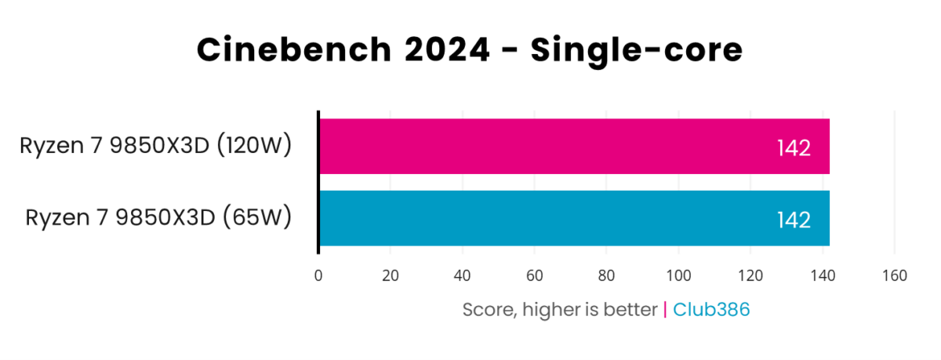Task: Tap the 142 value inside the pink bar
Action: point(794,148)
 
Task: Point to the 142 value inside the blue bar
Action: point(794,220)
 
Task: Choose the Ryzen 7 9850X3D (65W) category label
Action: point(159,217)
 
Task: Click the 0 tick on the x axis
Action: point(318,276)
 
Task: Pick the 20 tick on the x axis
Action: point(391,276)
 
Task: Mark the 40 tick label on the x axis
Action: point(463,276)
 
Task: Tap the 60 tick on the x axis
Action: point(535,276)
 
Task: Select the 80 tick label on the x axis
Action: point(606,276)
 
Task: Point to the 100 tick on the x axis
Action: point(678,276)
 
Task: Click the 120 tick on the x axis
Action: point(750,276)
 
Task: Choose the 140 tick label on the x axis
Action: point(823,276)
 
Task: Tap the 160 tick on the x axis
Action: point(895,276)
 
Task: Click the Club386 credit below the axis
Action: point(712,310)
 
